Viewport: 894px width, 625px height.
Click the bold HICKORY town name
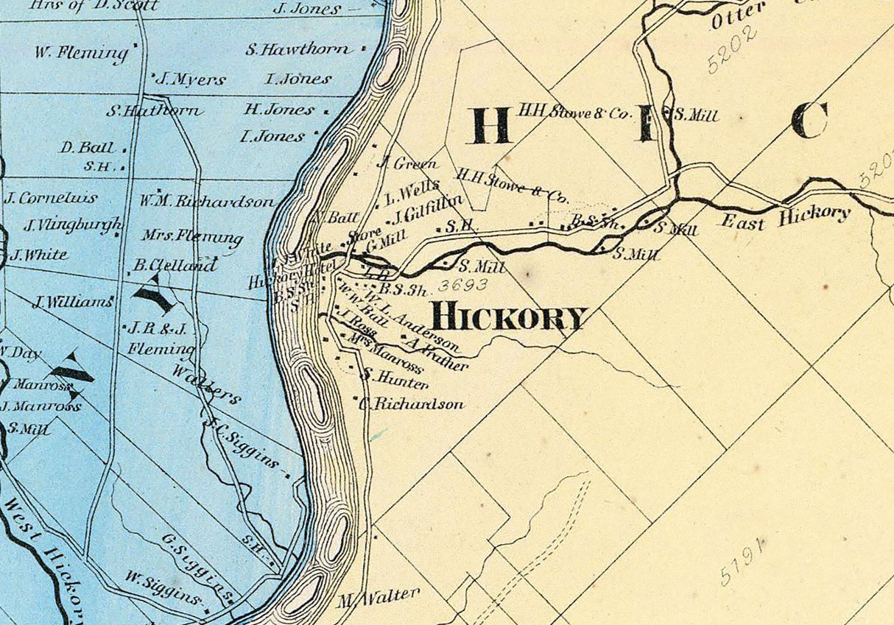(x=509, y=317)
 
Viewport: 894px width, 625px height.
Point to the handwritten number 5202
(x=733, y=50)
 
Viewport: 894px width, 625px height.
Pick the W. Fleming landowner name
(x=81, y=53)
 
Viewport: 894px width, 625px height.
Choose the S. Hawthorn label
(x=298, y=50)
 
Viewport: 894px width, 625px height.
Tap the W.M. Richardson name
(x=207, y=201)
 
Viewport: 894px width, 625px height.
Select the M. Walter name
(x=379, y=595)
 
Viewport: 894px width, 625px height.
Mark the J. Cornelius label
(x=52, y=198)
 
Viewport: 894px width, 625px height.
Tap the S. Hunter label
(x=395, y=378)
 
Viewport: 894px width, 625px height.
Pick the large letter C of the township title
(x=810, y=121)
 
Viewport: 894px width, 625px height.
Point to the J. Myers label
(x=191, y=80)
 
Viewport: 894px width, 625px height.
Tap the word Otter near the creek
(x=737, y=16)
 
